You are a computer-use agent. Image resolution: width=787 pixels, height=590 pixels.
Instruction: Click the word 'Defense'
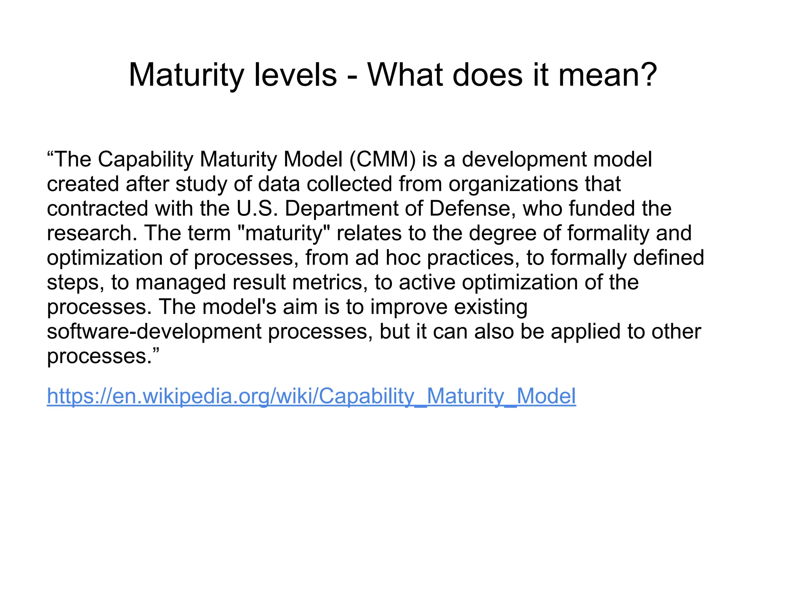point(472,208)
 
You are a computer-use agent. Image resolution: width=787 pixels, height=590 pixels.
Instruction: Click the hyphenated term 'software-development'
point(154,331)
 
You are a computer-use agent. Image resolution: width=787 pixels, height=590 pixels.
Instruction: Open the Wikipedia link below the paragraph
point(311,396)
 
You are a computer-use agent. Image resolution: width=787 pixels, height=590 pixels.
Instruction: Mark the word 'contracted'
point(98,208)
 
